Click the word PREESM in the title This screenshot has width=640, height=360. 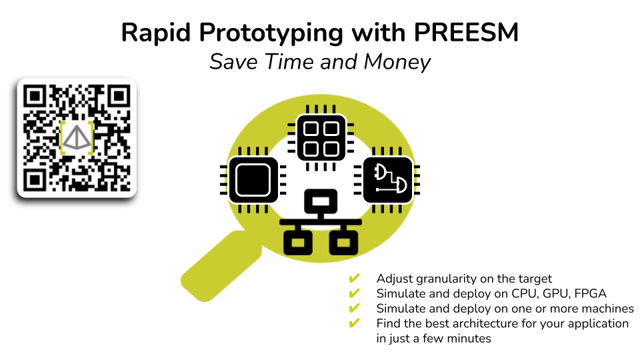(x=466, y=32)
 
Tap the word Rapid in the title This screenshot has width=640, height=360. (x=156, y=33)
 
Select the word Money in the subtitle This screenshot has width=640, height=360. (x=397, y=62)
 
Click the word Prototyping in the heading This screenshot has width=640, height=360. (x=271, y=33)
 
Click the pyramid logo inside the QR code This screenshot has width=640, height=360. (x=76, y=137)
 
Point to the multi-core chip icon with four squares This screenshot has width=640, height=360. (x=321, y=137)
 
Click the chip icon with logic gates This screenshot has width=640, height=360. (x=387, y=180)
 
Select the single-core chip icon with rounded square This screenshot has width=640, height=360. (x=253, y=180)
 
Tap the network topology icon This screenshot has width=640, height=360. (x=321, y=222)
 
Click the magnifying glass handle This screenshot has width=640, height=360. (x=221, y=266)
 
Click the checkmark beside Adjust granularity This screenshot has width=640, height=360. (x=354, y=279)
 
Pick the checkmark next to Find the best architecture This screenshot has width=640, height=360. (x=354, y=323)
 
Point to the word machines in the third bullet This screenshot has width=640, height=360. (x=607, y=309)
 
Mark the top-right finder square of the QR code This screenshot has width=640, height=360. (x=119, y=97)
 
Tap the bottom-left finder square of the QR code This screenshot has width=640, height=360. (x=34, y=180)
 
